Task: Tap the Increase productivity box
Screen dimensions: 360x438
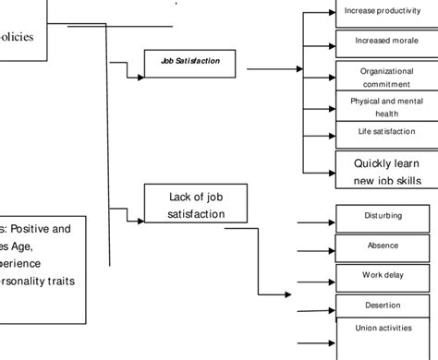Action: (x=381, y=12)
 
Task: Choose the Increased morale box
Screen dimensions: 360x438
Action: (x=381, y=42)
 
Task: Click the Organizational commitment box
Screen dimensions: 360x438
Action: (x=381, y=76)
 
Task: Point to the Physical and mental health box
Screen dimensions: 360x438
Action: (x=381, y=106)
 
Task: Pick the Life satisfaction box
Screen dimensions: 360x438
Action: (x=381, y=132)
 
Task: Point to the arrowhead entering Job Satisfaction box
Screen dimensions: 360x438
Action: (x=140, y=78)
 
